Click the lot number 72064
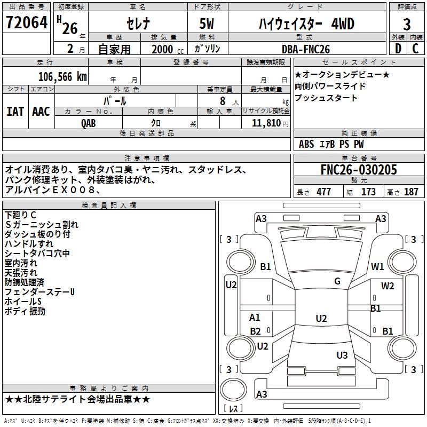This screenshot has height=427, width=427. click(x=27, y=22)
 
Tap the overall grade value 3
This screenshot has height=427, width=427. click(x=407, y=25)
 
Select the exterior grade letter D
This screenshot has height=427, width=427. click(x=398, y=49)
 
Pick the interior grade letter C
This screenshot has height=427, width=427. click(x=415, y=49)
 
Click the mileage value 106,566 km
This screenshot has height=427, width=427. click(x=62, y=77)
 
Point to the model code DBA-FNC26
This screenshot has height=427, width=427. click(x=306, y=49)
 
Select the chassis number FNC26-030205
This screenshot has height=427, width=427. click(x=359, y=170)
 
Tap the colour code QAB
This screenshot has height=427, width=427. click(x=89, y=123)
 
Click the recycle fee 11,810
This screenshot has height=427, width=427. click(x=266, y=123)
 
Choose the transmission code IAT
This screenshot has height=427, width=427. click(x=15, y=112)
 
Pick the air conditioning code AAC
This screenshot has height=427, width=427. click(x=41, y=112)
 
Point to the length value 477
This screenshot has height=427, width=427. click(x=323, y=192)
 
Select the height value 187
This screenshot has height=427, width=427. click(x=411, y=192)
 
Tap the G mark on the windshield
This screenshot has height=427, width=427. click(x=337, y=281)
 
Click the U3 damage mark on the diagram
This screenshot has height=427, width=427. click(x=342, y=355)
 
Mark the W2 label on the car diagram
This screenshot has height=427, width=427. click(x=388, y=286)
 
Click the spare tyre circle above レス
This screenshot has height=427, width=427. click(x=233, y=390)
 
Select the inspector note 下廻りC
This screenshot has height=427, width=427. click(x=20, y=215)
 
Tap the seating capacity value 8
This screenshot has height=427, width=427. click(x=223, y=101)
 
